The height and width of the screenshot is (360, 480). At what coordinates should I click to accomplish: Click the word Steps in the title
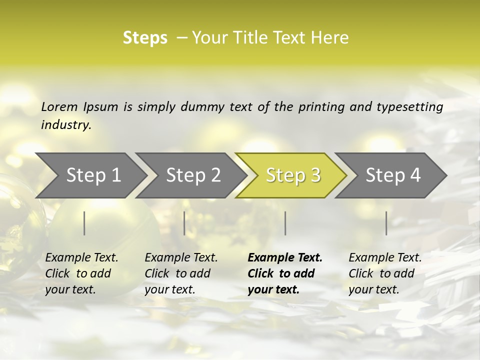click(x=145, y=37)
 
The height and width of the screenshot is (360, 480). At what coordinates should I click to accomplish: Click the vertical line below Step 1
click(x=84, y=223)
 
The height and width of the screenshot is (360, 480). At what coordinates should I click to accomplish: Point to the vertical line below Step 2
click(x=184, y=223)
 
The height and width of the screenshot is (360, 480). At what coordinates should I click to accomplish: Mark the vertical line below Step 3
click(x=285, y=223)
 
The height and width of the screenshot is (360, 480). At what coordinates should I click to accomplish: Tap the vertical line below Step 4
click(x=386, y=223)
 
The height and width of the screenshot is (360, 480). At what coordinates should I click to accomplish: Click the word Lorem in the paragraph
click(x=59, y=107)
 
